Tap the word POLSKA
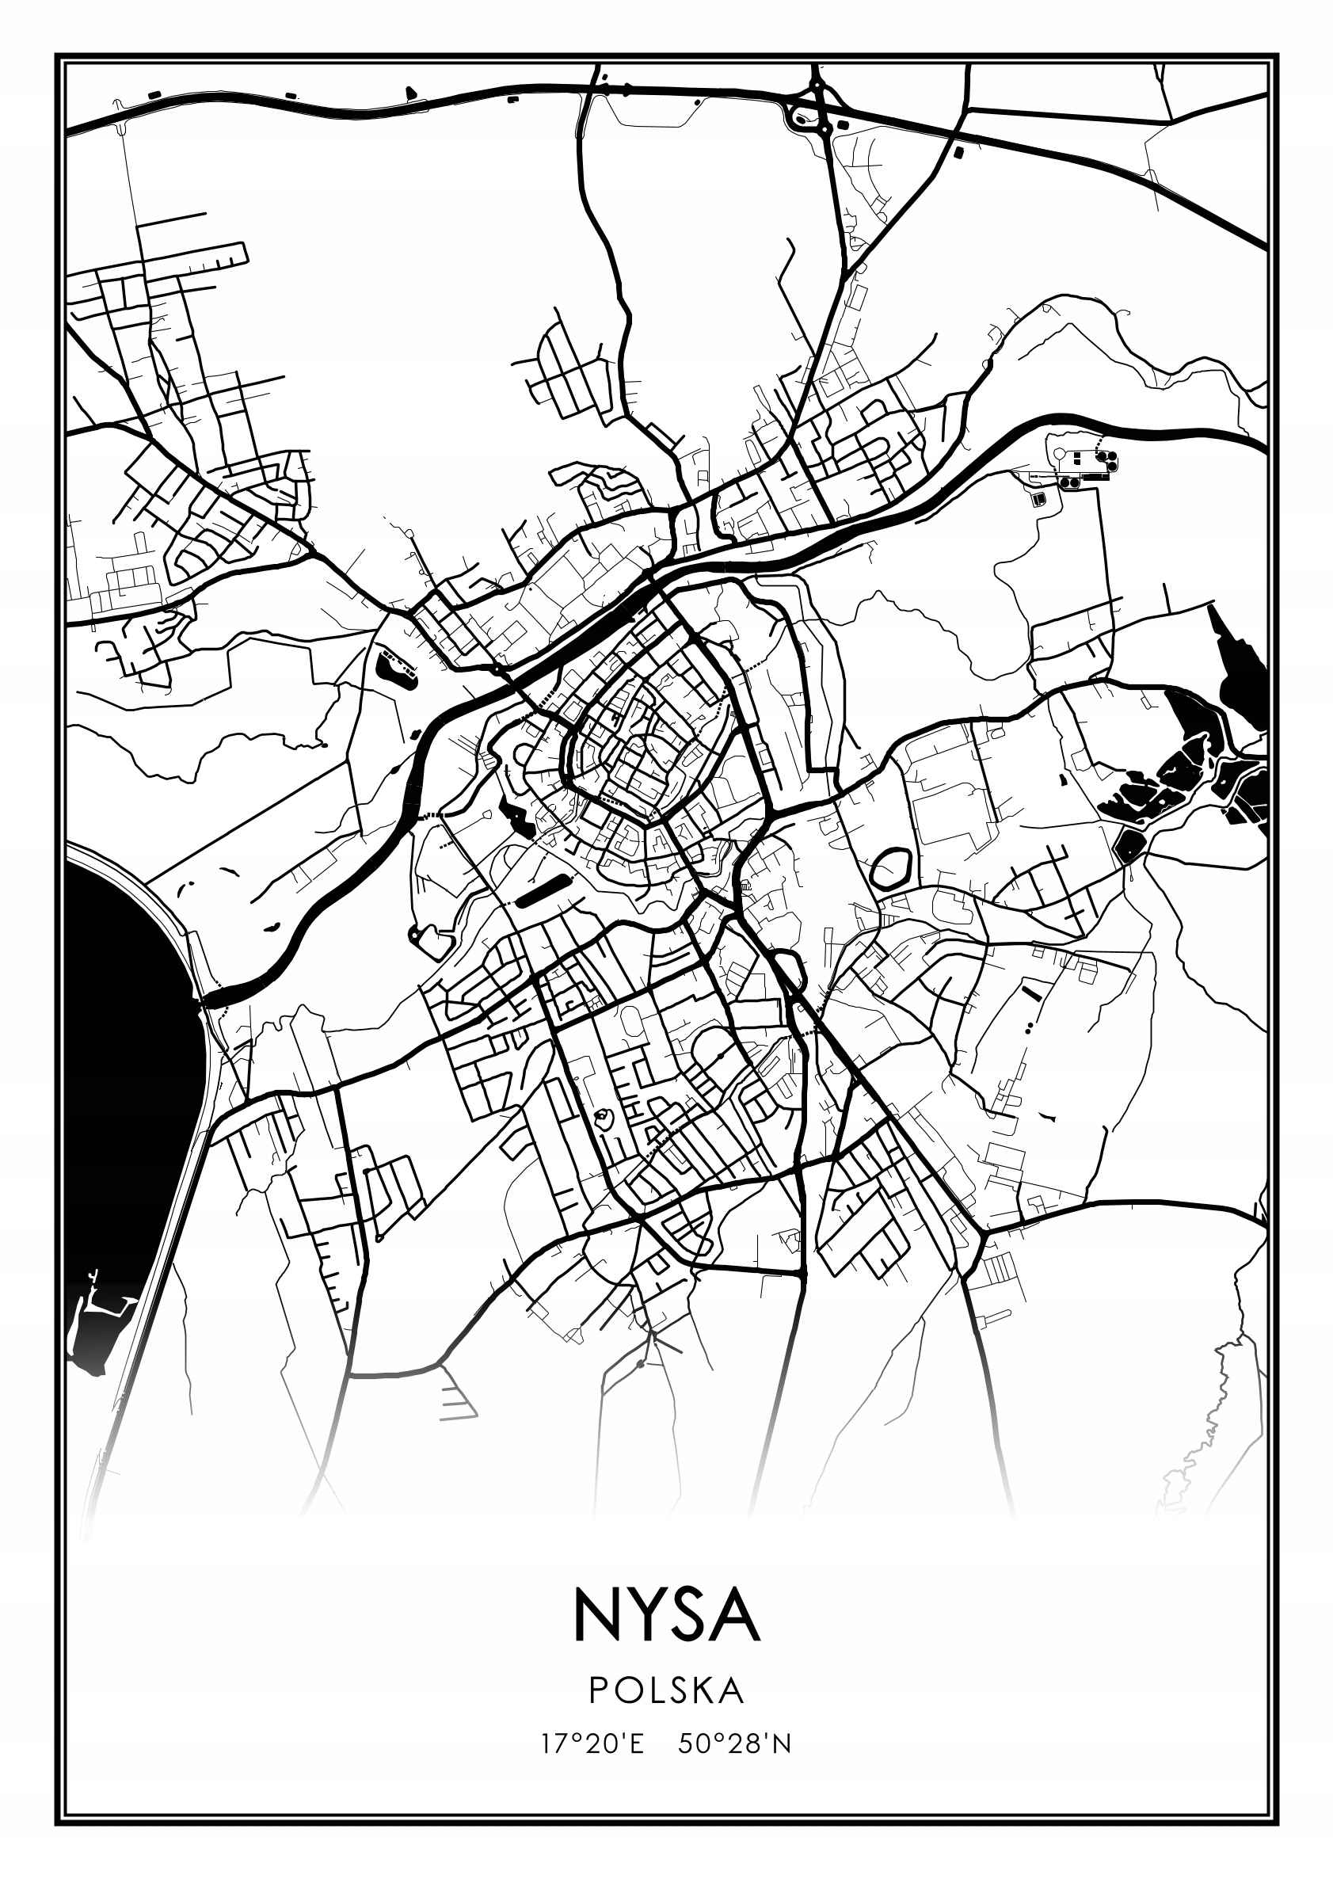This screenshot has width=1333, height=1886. pyautogui.click(x=666, y=1690)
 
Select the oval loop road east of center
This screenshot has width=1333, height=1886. pyautogui.click(x=890, y=867)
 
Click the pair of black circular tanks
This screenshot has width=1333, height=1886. pyautogui.click(x=1069, y=483)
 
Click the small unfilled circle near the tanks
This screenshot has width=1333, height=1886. pyautogui.click(x=1061, y=454)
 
